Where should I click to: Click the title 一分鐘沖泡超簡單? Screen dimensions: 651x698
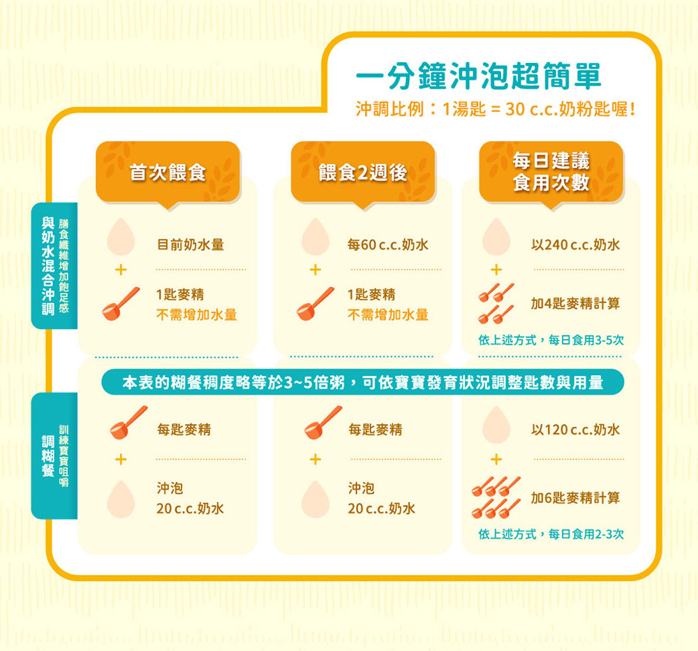pos(478,76)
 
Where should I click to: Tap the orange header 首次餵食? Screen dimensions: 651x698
pos(168,173)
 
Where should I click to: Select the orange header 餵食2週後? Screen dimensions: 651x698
pos(363,173)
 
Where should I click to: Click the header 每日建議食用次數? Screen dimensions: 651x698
pos(551,171)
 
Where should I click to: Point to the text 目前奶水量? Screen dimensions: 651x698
pos(190,245)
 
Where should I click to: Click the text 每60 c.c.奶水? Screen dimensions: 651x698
pos(387,245)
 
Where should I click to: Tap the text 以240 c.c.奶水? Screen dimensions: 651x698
pos(575,245)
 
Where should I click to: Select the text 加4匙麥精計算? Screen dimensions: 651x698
pos(574,305)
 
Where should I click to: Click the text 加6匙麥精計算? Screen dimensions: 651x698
pos(574,497)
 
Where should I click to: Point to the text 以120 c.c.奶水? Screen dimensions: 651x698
pos(575,430)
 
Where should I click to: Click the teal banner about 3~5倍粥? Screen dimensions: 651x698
pos(362,382)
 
